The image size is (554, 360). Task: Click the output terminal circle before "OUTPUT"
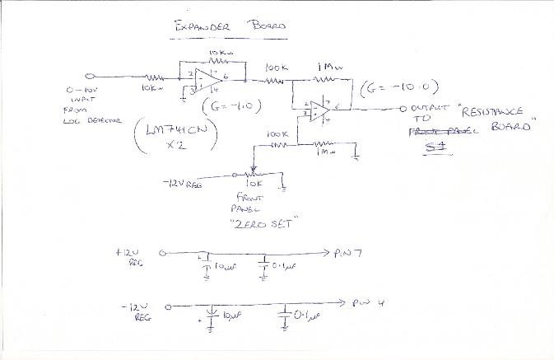[403, 109]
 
